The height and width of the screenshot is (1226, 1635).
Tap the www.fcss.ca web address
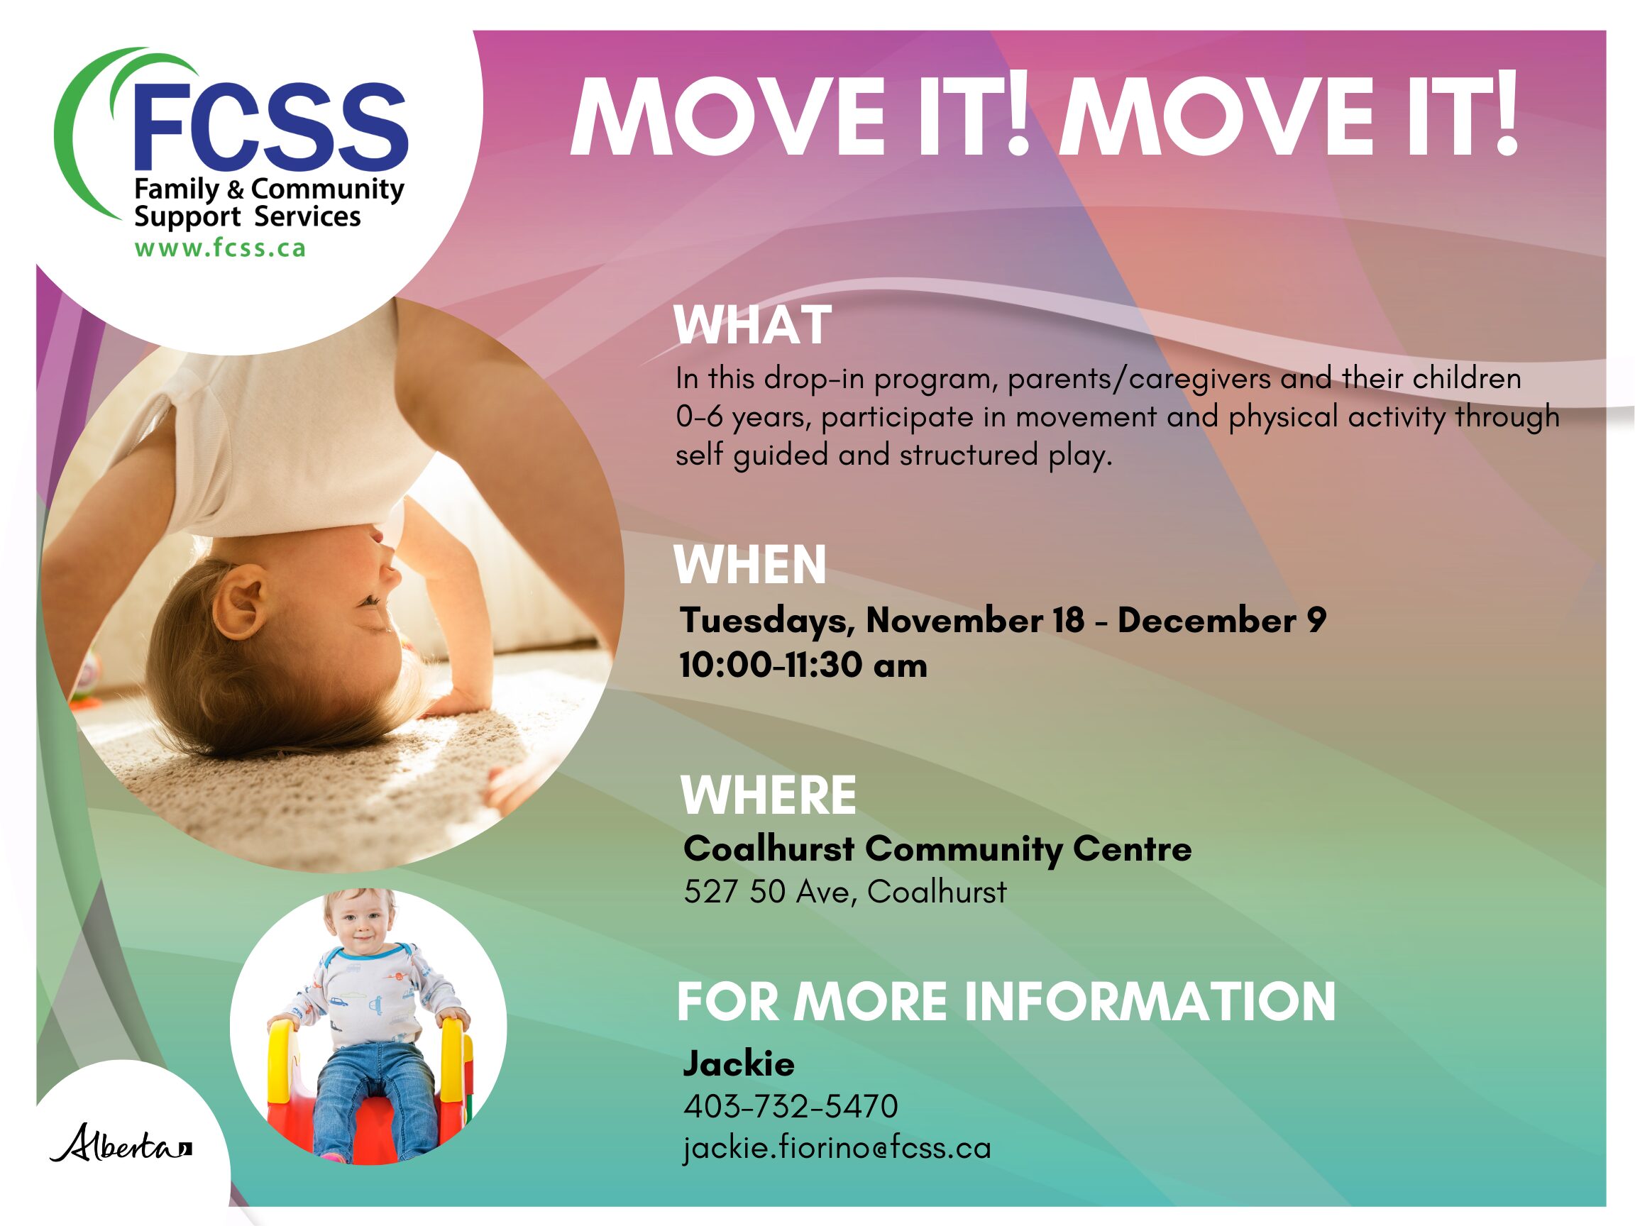tap(219, 248)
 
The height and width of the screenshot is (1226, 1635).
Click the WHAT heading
tap(752, 325)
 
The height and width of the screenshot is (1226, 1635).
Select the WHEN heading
tap(749, 565)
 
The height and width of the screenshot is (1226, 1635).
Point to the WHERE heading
tap(768, 795)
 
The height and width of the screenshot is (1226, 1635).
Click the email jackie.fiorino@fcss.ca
tap(837, 1148)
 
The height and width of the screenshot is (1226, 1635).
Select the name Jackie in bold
tap(739, 1064)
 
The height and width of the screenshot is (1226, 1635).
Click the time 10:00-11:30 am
tap(803, 665)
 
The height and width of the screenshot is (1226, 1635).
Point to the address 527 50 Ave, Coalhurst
tap(845, 892)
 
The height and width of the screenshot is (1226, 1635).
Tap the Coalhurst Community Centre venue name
tap(937, 849)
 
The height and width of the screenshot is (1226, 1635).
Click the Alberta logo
tap(121, 1143)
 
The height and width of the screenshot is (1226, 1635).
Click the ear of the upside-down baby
tap(242, 599)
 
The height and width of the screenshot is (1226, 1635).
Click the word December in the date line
tap(1206, 620)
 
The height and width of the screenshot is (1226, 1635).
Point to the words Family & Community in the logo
tap(269, 190)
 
